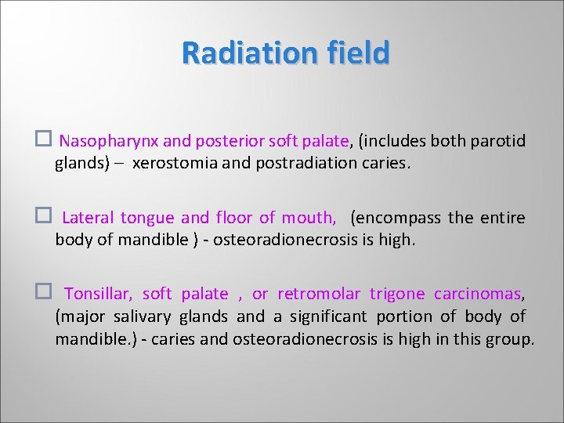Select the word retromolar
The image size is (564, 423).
(x=319, y=295)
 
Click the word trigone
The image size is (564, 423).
(x=397, y=295)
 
